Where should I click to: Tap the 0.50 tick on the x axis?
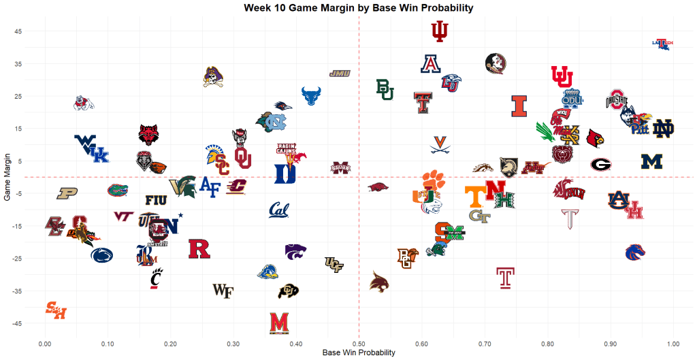359,345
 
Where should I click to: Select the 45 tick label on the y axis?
19,31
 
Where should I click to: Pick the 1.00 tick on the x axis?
673,345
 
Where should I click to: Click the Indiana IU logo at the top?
440,31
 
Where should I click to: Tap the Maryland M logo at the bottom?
278,323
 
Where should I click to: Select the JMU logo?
339,73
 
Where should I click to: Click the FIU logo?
156,200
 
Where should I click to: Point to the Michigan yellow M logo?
651,161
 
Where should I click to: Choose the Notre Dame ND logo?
663,129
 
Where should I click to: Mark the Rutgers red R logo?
199,248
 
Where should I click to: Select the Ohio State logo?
616,100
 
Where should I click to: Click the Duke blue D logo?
285,174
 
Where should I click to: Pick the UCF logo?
334,264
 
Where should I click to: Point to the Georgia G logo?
600,165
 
